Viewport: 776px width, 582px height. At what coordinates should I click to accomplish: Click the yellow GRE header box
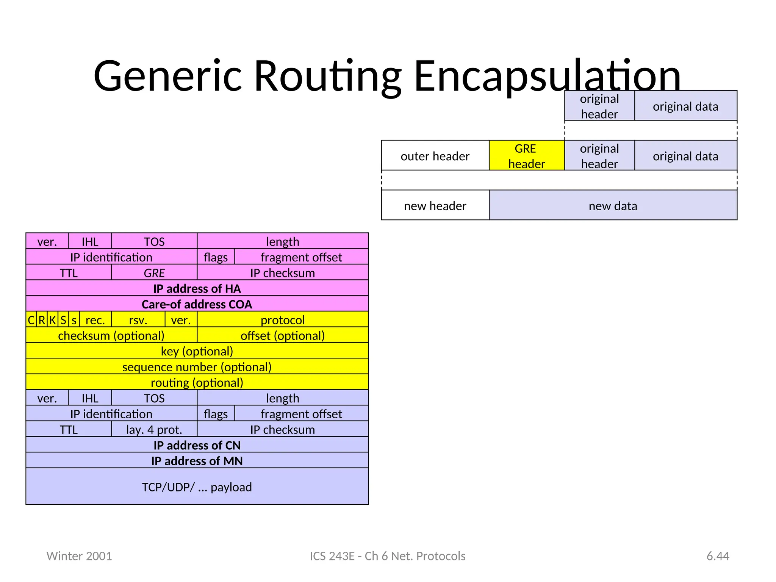pyautogui.click(x=526, y=156)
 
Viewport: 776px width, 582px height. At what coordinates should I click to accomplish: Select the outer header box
pyautogui.click(x=435, y=156)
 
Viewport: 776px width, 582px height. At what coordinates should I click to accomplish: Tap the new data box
pyautogui.click(x=613, y=205)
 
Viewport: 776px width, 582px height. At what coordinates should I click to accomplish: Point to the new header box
pyautogui.click(x=435, y=205)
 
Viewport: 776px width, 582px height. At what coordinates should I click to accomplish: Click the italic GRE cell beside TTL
pyautogui.click(x=154, y=272)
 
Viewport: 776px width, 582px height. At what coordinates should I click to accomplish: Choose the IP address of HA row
pyautogui.click(x=197, y=288)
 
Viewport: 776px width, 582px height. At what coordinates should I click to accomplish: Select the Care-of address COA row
pyautogui.click(x=197, y=304)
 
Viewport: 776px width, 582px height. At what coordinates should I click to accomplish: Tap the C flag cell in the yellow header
pyautogui.click(x=31, y=320)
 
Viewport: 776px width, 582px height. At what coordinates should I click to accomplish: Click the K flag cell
pyautogui.click(x=53, y=320)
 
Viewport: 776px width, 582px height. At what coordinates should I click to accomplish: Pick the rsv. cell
pyautogui.click(x=138, y=320)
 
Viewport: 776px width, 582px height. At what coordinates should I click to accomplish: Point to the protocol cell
pyautogui.click(x=283, y=320)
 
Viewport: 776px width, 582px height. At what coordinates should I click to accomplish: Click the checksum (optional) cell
pyautogui.click(x=111, y=335)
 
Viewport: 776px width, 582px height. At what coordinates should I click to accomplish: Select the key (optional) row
pyautogui.click(x=197, y=351)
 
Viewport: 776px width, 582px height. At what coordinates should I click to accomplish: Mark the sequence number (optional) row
pyautogui.click(x=197, y=366)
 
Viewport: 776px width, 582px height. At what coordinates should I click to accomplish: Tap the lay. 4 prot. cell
pyautogui.click(x=154, y=429)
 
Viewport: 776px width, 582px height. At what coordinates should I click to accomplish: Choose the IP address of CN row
pyautogui.click(x=197, y=445)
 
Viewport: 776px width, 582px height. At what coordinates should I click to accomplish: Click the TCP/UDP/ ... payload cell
pyautogui.click(x=197, y=487)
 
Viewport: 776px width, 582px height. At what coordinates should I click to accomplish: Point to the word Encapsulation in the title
pyautogui.click(x=548, y=76)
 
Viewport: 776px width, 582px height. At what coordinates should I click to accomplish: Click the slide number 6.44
pyautogui.click(x=718, y=556)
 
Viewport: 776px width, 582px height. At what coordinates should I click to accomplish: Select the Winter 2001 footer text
pyautogui.click(x=79, y=556)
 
